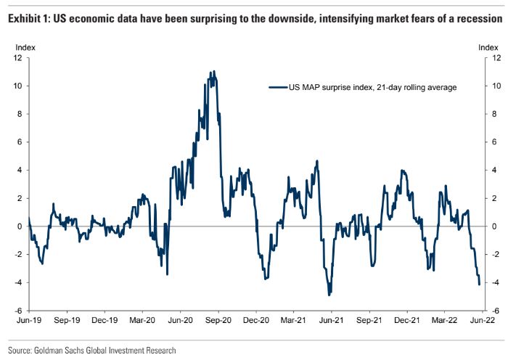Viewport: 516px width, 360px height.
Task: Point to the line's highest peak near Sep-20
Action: click(x=213, y=71)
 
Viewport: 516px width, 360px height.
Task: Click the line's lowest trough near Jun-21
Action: click(x=329, y=294)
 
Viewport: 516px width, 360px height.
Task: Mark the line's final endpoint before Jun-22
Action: click(x=480, y=284)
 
